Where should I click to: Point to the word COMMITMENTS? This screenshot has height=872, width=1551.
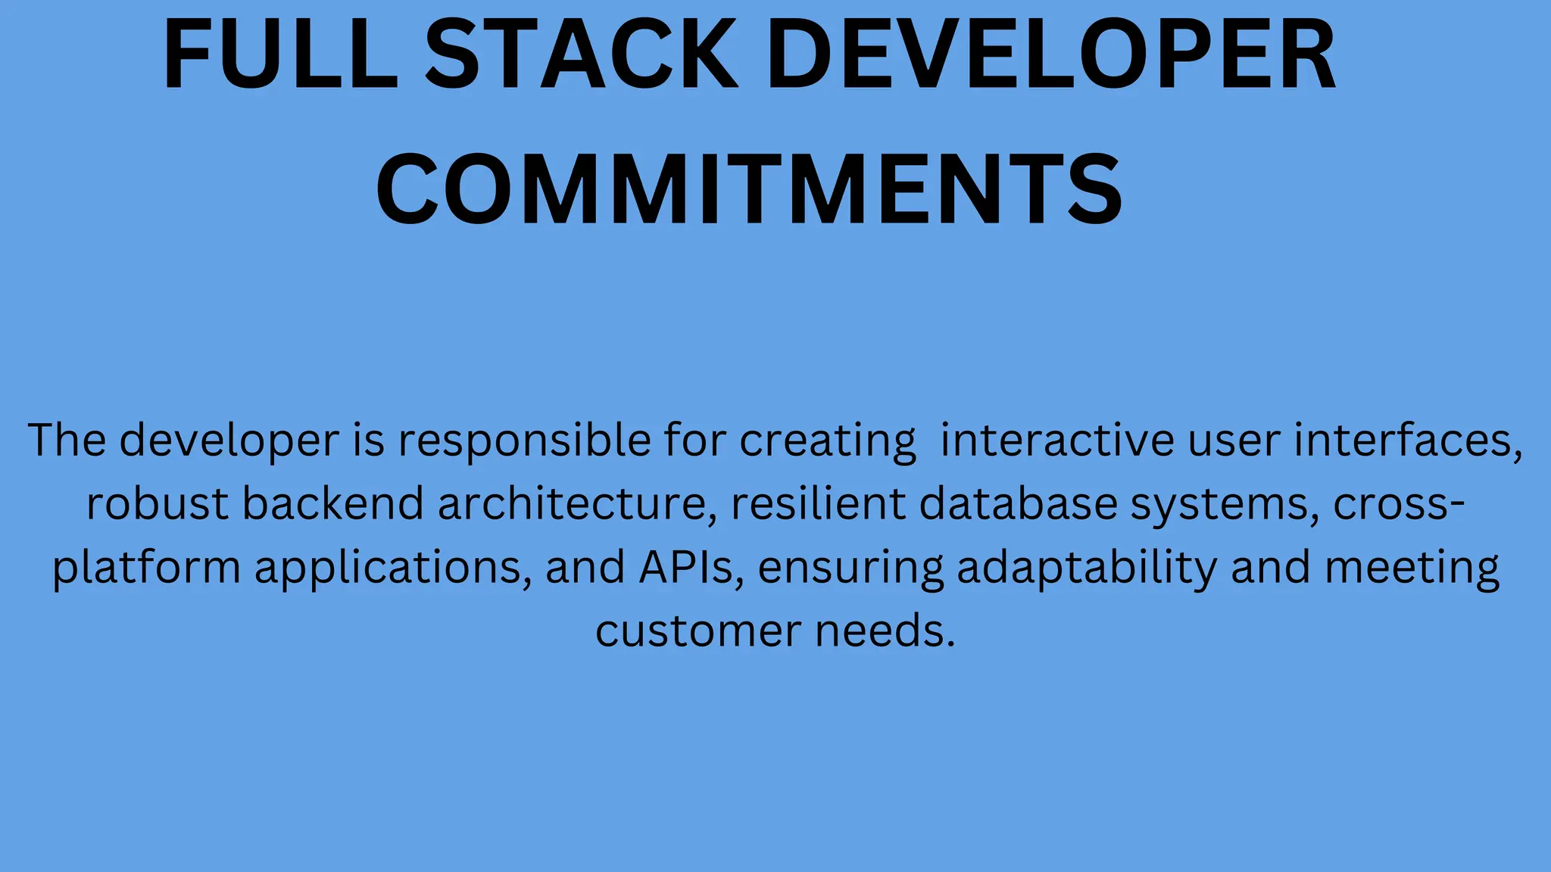coord(749,189)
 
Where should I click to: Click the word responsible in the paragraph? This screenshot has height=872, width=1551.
coord(524,441)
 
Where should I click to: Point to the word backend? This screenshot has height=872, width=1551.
coord(332,504)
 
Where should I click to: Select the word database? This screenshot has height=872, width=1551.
coord(1018,504)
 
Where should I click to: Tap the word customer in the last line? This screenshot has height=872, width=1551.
coord(697,632)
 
